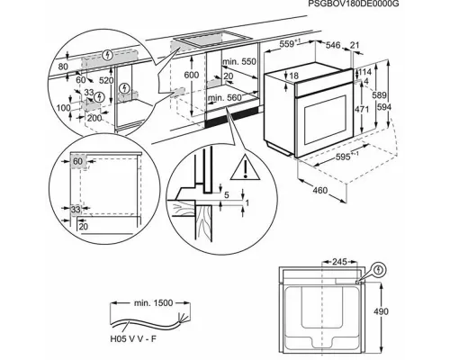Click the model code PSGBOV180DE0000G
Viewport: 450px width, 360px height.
click(x=354, y=4)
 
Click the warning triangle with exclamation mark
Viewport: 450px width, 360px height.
click(x=246, y=167)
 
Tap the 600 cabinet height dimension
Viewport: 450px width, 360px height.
click(x=191, y=75)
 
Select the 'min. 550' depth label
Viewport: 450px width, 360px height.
click(x=239, y=61)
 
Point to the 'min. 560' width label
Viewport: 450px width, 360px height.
click(x=225, y=98)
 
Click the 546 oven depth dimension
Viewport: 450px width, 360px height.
click(x=333, y=45)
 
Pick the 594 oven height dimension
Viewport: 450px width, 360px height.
click(x=384, y=107)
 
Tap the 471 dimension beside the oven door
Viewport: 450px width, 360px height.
click(x=362, y=110)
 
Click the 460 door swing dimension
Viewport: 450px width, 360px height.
click(x=319, y=190)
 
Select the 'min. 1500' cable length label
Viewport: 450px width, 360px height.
click(x=153, y=303)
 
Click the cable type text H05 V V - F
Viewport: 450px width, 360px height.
click(x=133, y=339)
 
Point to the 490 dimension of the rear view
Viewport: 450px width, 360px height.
click(x=381, y=311)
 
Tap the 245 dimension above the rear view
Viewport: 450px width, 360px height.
click(x=339, y=262)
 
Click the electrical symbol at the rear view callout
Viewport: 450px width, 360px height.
click(x=379, y=270)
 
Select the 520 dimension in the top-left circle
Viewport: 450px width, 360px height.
click(x=106, y=80)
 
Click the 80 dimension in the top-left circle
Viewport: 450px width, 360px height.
click(x=63, y=67)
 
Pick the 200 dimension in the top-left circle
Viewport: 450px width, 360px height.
click(x=94, y=118)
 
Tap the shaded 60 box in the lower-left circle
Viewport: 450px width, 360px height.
click(x=78, y=161)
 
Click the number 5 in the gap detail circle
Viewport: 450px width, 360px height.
click(x=227, y=195)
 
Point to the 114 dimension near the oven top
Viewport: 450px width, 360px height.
click(x=364, y=72)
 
